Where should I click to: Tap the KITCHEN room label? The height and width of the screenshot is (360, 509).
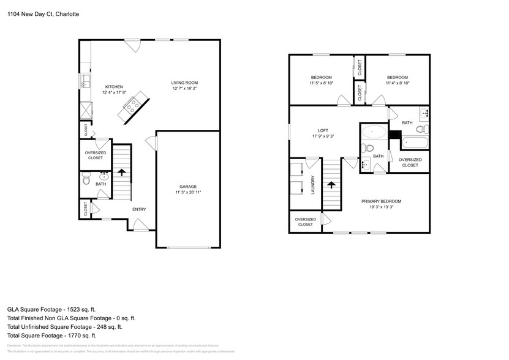pyautogui.click(x=114, y=87)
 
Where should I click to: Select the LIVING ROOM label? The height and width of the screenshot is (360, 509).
pyautogui.click(x=184, y=83)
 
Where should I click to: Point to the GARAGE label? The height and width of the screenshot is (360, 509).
pyautogui.click(x=187, y=186)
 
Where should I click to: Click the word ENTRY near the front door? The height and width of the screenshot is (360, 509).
pyautogui.click(x=139, y=209)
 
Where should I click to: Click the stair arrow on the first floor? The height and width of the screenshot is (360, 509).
pyautogui.click(x=121, y=173)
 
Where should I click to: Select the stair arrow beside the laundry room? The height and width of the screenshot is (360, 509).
pyautogui.click(x=331, y=184)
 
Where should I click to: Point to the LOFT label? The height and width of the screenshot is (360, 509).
pyautogui.click(x=323, y=130)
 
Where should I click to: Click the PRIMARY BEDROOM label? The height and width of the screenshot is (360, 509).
pyautogui.click(x=381, y=201)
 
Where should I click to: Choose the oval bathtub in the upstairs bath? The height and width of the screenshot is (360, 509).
pyautogui.click(x=373, y=132)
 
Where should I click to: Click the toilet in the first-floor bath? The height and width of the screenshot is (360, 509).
pyautogui.click(x=86, y=181)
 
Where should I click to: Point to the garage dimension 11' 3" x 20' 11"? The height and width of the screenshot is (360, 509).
pyautogui.click(x=187, y=192)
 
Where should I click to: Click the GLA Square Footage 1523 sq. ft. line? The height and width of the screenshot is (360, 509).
pyautogui.click(x=51, y=310)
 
